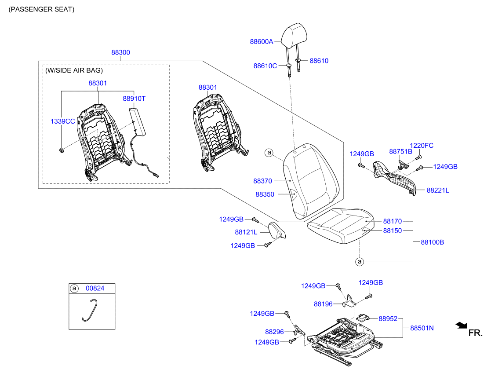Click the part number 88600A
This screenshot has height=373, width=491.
pyautogui.click(x=262, y=42)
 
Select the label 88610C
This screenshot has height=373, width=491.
pyautogui.click(x=265, y=66)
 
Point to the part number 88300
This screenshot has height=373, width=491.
pyautogui.click(x=120, y=52)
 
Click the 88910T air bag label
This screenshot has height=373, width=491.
pyautogui.click(x=134, y=99)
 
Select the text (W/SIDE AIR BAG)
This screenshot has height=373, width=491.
pyautogui.click(x=74, y=70)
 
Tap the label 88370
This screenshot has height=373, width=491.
pyautogui.click(x=263, y=181)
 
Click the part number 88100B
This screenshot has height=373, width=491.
pyautogui.click(x=433, y=242)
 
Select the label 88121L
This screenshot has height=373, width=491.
pyautogui.click(x=246, y=232)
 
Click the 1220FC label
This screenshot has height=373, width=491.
pyautogui.click(x=422, y=146)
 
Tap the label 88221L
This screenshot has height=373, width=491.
pyautogui.click(x=438, y=190)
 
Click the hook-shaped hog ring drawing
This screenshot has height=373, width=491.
pyautogui.click(x=91, y=310)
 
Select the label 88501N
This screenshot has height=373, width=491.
pyautogui.click(x=422, y=328)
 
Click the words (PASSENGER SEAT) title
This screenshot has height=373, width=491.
pyautogui.click(x=42, y=9)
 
